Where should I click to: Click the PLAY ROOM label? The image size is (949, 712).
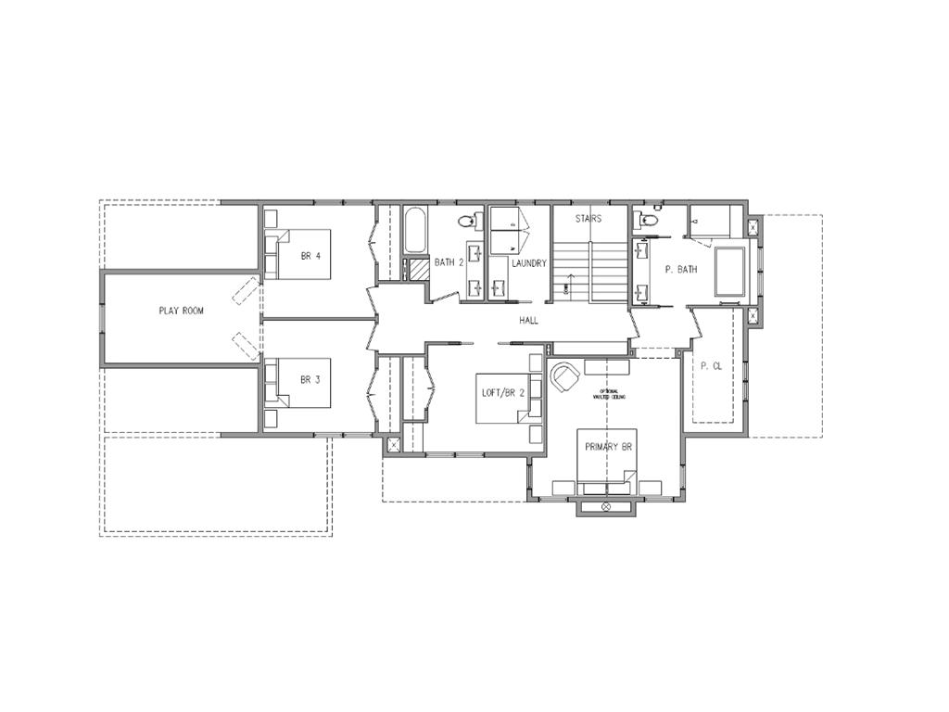coord(181,311)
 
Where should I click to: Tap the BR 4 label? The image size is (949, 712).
coord(310,256)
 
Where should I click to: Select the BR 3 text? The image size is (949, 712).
coord(310,380)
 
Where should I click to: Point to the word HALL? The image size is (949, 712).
coord(529,321)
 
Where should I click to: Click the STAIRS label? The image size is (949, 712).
coord(588,220)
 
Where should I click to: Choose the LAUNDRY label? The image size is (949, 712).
coord(530,264)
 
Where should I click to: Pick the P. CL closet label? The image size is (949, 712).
coord(711,367)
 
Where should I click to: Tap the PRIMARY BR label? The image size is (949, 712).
coord(608,447)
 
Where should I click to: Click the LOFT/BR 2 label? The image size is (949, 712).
coord(503,392)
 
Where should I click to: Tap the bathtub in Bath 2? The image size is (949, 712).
coord(415,231)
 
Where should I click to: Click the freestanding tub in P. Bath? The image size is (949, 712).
coord(729,272)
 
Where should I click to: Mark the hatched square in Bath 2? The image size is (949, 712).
coord(420,270)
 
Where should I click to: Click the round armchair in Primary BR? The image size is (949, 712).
coord(564,376)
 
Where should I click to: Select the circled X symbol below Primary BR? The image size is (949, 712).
coord(606,507)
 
